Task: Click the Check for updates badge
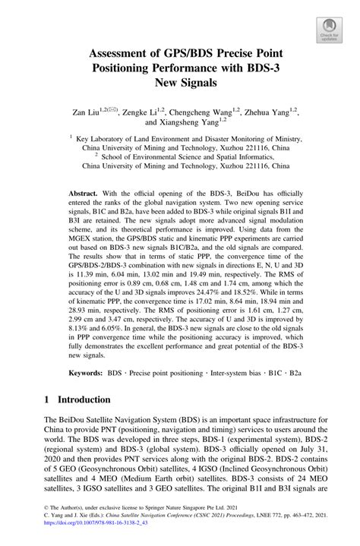pyautogui.click(x=329, y=29)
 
